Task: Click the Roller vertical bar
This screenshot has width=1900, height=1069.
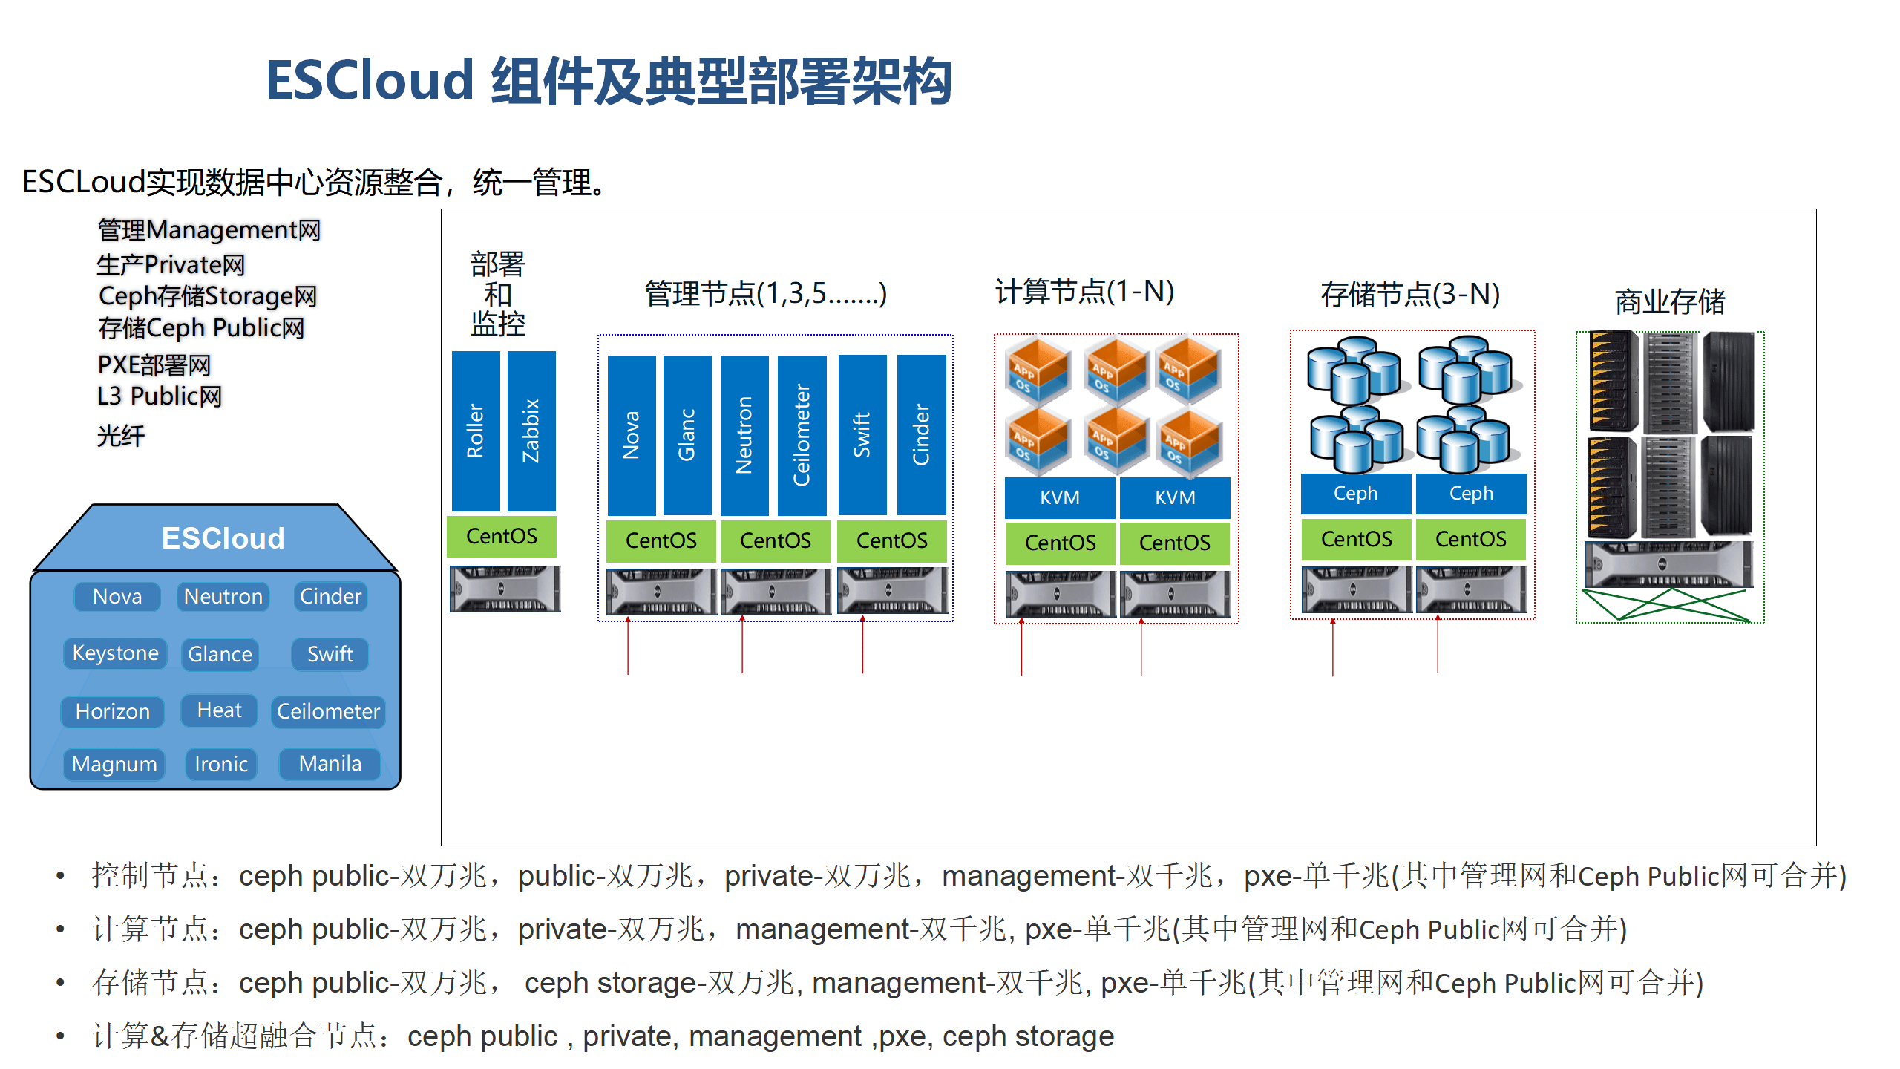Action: (x=475, y=431)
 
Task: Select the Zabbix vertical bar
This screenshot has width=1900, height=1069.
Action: (x=531, y=431)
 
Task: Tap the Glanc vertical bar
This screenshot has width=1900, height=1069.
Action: (x=687, y=434)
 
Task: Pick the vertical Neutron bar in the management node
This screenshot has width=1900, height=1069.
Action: (x=744, y=434)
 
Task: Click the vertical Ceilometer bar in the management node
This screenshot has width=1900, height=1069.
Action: (x=802, y=434)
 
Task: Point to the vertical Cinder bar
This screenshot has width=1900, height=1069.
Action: (x=921, y=434)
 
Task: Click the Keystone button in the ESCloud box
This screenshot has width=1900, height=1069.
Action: (x=115, y=653)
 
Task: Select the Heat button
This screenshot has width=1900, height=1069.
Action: (x=219, y=710)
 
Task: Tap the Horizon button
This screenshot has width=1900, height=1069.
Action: (x=113, y=711)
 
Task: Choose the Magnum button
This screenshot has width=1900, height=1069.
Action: (x=114, y=764)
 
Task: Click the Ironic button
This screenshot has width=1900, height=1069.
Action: (x=221, y=764)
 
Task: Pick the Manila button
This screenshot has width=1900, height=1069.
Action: (x=330, y=764)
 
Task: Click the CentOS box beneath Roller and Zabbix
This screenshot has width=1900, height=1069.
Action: (x=502, y=536)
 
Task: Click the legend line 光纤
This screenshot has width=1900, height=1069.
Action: (x=121, y=436)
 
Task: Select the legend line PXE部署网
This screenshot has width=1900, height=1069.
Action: (x=154, y=365)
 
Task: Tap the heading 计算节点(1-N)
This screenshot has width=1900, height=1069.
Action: (x=1084, y=292)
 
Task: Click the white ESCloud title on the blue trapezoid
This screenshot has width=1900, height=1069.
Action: (x=223, y=538)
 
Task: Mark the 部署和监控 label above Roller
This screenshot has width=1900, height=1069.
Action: (x=498, y=294)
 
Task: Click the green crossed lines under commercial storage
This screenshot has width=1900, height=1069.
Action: (x=1666, y=604)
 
